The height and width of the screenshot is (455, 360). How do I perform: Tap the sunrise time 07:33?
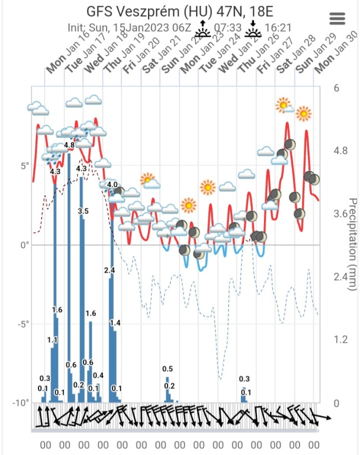pos(227,27)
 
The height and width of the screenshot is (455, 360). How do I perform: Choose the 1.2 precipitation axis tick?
pos(340,339)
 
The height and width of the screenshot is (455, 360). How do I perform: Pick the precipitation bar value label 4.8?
pos(69,145)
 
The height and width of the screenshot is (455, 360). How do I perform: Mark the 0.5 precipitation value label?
pos(168,369)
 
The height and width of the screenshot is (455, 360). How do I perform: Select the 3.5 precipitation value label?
pos(83,211)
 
